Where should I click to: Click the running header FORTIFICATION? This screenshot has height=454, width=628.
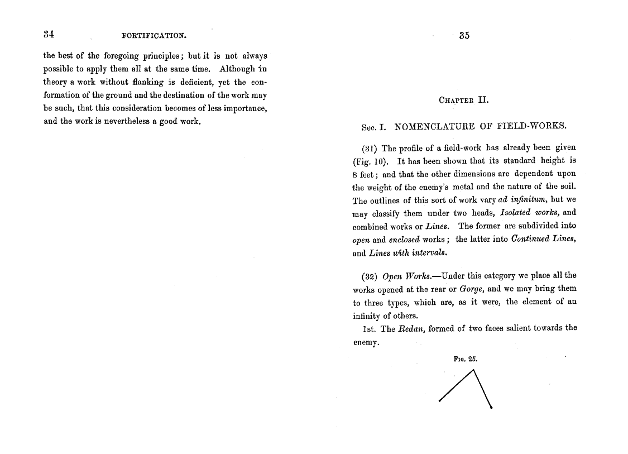click(x=154, y=36)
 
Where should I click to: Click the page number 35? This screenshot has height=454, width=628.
click(x=464, y=36)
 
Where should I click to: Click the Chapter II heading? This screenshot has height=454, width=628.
click(x=464, y=101)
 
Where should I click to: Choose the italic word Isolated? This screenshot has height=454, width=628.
click(x=515, y=213)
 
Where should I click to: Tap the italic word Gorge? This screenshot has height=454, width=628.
click(x=472, y=289)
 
